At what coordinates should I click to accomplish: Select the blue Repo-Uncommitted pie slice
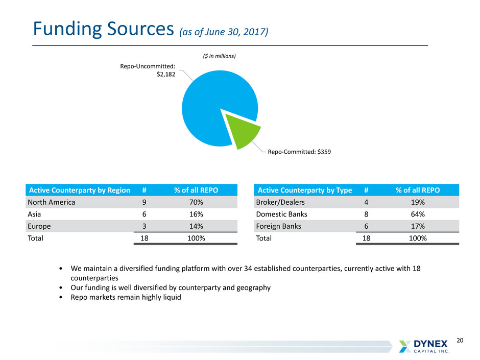click(x=214, y=102)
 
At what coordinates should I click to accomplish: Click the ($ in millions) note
click(x=219, y=56)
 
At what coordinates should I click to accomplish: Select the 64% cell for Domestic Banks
click(x=418, y=214)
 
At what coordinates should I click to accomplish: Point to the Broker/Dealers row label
click(x=280, y=202)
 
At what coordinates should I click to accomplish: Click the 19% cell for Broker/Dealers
click(x=418, y=202)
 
